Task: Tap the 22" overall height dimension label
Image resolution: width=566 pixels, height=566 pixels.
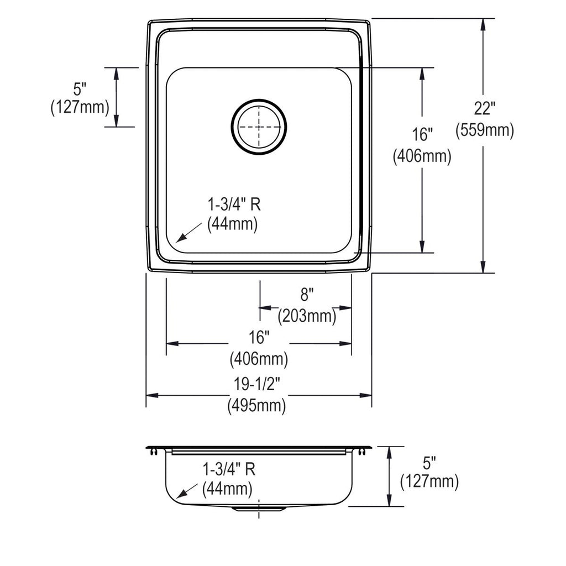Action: (484, 108)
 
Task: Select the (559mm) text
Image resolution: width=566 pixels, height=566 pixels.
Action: (484, 130)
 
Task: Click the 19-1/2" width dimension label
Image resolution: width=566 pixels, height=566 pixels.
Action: (256, 384)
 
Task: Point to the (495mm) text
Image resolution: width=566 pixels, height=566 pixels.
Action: (256, 405)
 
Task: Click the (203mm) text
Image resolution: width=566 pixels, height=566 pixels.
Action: (307, 316)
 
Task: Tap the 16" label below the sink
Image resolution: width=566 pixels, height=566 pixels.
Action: (259, 337)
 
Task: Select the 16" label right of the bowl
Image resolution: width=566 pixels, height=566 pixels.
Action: (422, 134)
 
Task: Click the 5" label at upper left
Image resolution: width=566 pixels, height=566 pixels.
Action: (80, 89)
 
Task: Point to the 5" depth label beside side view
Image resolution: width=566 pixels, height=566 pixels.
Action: (429, 463)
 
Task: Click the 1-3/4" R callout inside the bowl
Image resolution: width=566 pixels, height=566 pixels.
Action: (234, 205)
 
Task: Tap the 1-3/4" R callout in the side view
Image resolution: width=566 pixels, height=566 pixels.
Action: (229, 469)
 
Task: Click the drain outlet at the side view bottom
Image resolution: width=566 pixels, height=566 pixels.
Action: (259, 509)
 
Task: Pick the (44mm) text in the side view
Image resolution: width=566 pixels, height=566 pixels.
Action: (227, 489)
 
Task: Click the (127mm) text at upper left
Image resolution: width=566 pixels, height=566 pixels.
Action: (80, 107)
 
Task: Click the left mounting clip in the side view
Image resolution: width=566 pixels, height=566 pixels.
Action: (154, 452)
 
